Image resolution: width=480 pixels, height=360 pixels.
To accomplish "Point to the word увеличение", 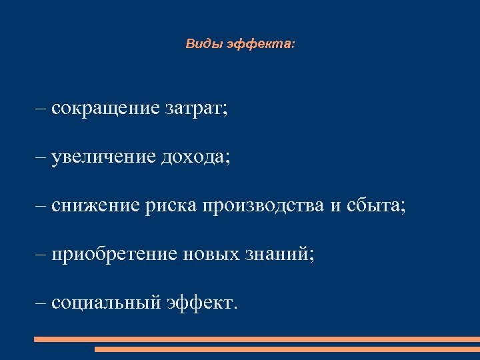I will click(103, 157).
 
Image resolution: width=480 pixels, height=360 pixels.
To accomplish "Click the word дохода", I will click(195, 157).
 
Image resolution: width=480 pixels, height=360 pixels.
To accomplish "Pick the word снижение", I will click(94, 206).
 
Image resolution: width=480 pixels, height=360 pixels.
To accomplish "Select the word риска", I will click(169, 206).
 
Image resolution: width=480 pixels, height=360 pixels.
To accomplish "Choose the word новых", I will click(215, 255).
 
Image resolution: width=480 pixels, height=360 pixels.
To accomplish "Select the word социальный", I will click(106, 303).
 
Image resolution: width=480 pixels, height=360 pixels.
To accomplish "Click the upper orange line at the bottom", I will click(257, 339).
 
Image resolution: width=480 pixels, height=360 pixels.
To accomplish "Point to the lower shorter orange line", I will click(287, 349).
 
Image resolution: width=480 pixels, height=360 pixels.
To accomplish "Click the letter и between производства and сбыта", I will click(335, 207).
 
